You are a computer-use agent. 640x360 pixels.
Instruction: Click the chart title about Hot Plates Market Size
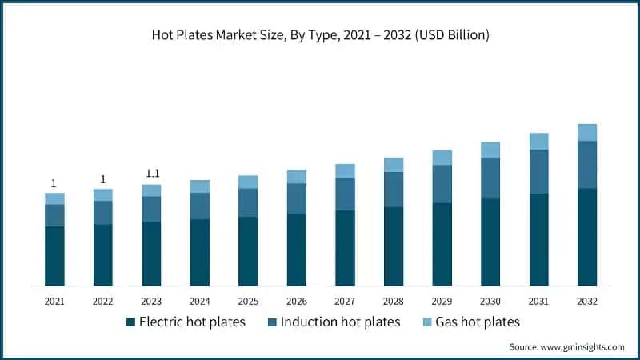tap(320, 35)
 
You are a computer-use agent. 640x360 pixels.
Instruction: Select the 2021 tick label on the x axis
tap(54, 302)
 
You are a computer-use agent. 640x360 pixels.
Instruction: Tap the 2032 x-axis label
tap(587, 302)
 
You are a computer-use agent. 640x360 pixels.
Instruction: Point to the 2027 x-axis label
tap(345, 302)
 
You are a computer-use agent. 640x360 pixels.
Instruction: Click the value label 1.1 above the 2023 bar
tap(151, 174)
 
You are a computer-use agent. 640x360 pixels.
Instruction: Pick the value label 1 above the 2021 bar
tap(54, 182)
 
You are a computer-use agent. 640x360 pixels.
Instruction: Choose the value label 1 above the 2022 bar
tap(103, 178)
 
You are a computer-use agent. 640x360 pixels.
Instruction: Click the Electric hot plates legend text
tap(192, 322)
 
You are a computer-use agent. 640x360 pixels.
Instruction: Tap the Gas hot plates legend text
tap(476, 322)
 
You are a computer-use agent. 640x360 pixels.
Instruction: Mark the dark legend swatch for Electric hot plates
tap(130, 322)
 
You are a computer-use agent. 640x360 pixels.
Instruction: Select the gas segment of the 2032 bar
tap(587, 133)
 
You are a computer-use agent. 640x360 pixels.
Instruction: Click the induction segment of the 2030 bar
tap(490, 178)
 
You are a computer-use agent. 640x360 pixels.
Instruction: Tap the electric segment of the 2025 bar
tap(248, 251)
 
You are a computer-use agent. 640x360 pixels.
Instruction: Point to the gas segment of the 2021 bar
tap(54, 198)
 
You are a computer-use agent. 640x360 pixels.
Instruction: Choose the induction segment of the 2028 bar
tap(394, 190)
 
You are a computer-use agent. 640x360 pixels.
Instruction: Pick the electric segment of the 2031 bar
tap(538, 239)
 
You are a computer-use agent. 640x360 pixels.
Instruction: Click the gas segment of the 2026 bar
tap(297, 177)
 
